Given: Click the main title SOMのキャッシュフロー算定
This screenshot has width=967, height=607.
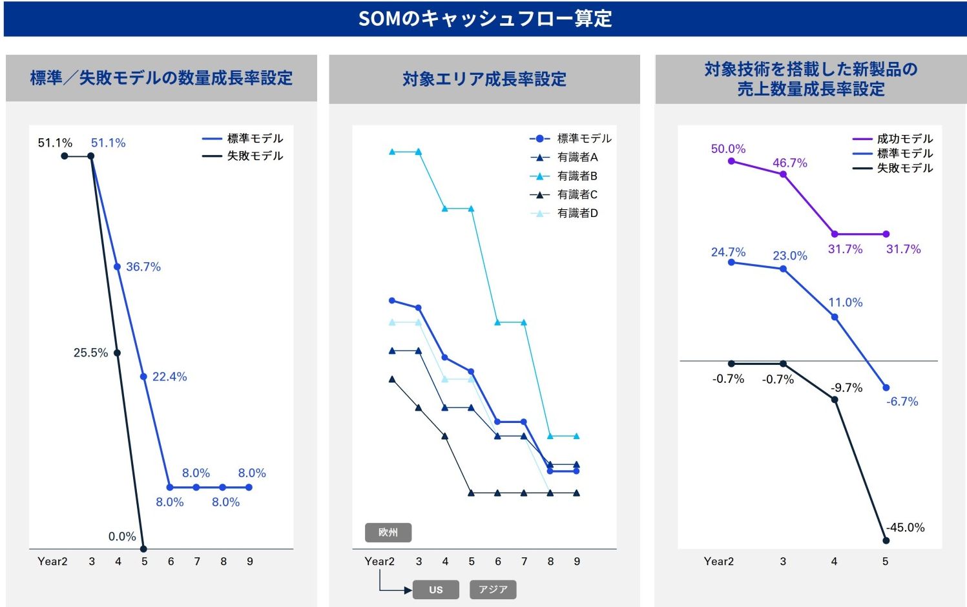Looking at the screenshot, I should [484, 19].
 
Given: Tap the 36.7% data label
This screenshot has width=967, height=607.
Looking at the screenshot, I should [143, 267].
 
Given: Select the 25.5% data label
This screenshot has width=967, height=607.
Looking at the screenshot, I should [90, 353].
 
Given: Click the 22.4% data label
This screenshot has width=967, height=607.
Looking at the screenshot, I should [169, 376].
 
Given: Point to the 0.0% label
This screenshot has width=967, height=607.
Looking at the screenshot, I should [122, 537].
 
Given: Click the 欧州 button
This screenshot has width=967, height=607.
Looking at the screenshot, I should [388, 532].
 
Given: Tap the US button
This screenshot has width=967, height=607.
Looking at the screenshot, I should [436, 590].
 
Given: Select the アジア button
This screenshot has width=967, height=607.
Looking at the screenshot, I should [493, 590].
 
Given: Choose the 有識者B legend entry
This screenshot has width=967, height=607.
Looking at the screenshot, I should [577, 176].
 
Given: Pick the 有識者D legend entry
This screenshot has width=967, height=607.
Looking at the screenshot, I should [577, 213].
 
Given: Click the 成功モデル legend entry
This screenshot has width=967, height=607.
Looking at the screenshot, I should [904, 139].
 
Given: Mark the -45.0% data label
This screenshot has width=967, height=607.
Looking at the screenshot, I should [905, 528].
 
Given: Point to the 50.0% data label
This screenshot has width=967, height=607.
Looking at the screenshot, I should [728, 149].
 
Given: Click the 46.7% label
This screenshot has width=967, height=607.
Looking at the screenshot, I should [790, 163].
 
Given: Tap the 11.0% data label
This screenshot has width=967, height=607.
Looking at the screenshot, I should [845, 302].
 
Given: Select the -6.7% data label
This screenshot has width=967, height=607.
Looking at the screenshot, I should [902, 402].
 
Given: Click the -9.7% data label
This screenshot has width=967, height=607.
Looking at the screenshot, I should [846, 387].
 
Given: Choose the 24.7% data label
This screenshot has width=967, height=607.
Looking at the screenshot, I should [728, 252].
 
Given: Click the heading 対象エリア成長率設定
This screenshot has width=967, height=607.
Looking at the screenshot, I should [484, 79].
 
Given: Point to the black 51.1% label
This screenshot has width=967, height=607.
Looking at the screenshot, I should [55, 143].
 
